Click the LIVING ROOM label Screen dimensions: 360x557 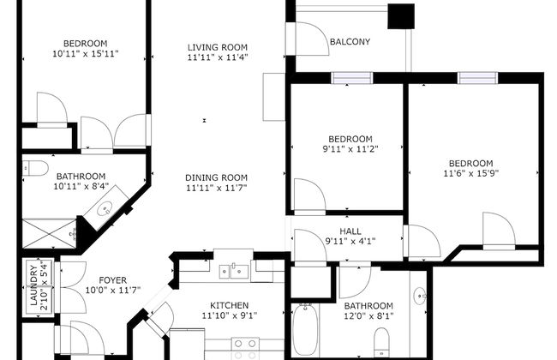218,47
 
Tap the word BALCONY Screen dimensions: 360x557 350,40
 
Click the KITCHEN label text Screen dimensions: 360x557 230,304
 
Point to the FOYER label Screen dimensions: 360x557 113,279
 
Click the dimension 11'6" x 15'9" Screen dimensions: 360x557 470,174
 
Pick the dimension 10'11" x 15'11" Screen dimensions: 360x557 85,54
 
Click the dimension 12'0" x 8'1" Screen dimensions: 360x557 368,316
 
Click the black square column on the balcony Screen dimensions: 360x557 400,16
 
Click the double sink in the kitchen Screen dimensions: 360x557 233,272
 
